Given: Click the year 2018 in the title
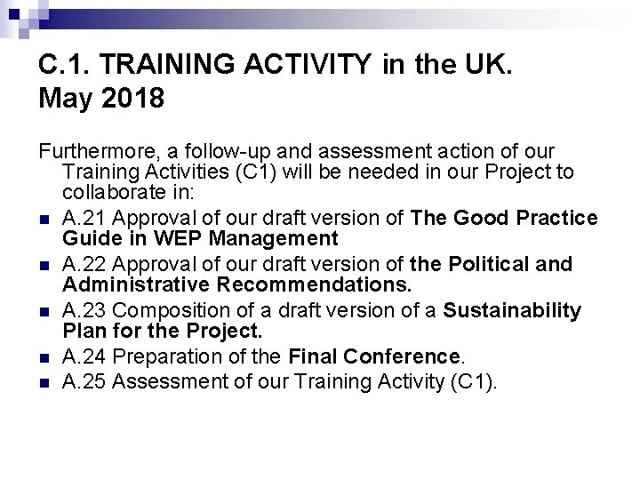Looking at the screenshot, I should [132, 98].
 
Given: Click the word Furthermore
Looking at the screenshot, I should [97, 151].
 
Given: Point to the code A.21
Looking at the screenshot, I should [87, 218].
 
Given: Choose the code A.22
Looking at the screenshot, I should [87, 264].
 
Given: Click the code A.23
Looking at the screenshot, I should [87, 310].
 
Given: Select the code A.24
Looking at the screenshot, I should [87, 356].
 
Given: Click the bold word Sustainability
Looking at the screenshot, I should [512, 310].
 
